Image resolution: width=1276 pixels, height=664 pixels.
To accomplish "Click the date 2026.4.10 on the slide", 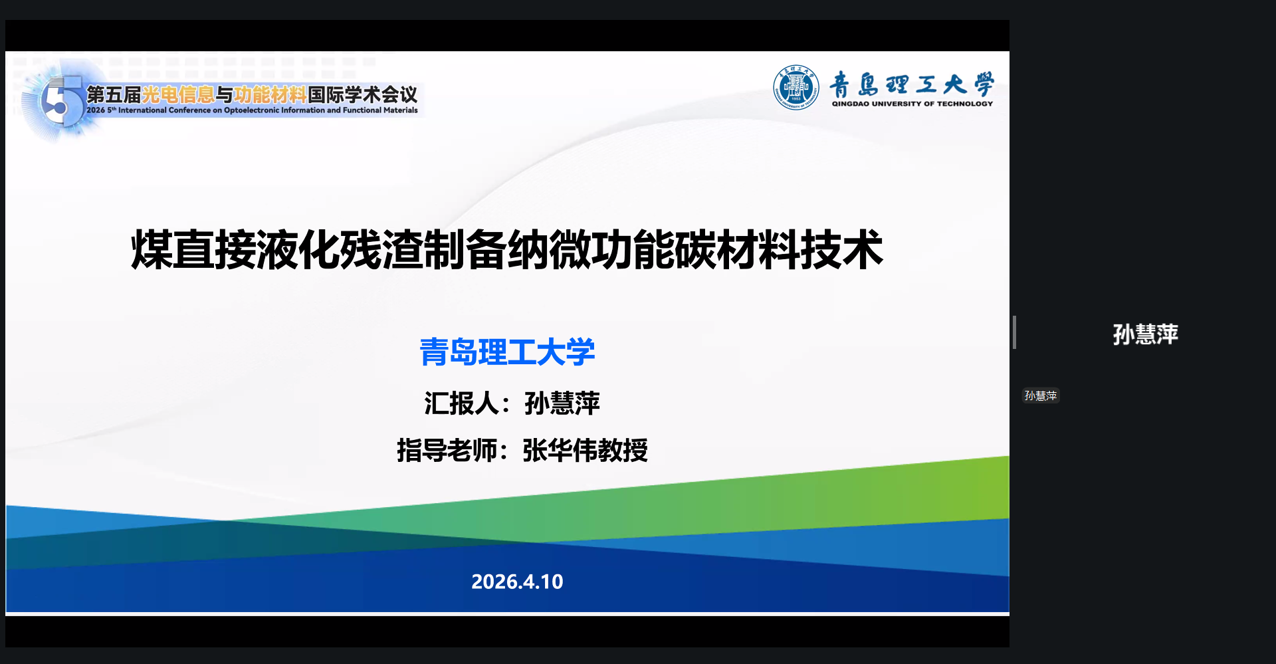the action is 517,582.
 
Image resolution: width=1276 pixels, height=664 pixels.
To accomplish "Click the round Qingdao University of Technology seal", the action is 796,87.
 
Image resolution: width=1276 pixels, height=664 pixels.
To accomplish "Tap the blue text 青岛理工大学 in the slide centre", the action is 507,352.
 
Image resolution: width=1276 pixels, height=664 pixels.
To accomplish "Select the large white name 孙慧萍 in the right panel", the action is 1145,334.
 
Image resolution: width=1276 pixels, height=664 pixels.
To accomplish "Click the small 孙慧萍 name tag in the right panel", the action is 1041,395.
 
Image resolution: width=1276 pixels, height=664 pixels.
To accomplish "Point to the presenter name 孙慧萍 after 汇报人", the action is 562,403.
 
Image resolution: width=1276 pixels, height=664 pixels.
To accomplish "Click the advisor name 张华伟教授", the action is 585,450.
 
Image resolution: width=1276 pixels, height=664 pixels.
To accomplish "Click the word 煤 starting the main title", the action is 152,250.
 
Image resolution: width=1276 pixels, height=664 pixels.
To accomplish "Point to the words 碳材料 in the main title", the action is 737,250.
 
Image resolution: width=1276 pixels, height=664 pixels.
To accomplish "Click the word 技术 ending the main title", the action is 842,250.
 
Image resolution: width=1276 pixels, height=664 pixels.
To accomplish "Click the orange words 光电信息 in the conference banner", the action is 178,95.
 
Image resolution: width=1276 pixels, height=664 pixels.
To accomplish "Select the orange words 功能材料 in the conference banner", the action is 270,95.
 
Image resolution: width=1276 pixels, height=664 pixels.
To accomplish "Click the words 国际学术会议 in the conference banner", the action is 363,95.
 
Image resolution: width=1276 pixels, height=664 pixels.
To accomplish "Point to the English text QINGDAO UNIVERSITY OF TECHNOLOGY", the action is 912,104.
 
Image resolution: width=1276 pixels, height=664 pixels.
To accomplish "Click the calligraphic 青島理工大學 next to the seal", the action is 912,84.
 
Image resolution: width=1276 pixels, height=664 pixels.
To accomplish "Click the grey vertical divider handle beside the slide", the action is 1014,332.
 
